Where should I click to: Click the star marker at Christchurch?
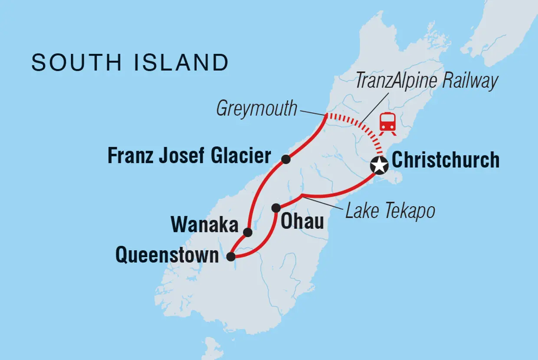(x=379, y=165)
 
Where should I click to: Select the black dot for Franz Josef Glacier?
(x=285, y=159)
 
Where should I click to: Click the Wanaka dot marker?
(x=248, y=232)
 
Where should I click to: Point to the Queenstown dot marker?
(x=231, y=257)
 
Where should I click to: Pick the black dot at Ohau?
(x=276, y=208)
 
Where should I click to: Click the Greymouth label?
(x=256, y=109)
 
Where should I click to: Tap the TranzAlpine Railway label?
(x=426, y=81)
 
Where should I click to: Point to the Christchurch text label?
(x=445, y=160)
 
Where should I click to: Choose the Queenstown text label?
(x=167, y=256)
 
